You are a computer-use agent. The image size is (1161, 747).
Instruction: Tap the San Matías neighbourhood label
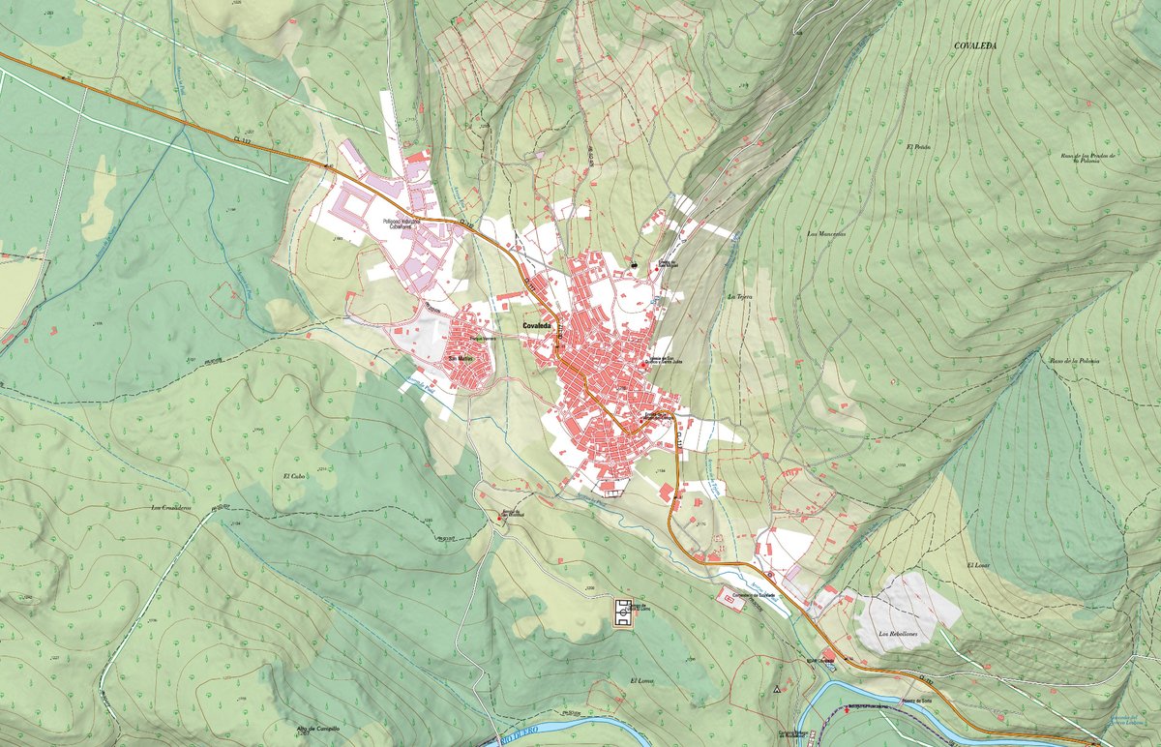click(x=459, y=359)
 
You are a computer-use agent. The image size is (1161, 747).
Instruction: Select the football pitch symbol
click(x=625, y=613)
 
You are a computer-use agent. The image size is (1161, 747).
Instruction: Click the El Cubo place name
click(x=294, y=476)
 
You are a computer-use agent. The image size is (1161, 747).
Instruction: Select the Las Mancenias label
click(x=826, y=234)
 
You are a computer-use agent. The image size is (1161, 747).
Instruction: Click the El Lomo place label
click(x=641, y=681)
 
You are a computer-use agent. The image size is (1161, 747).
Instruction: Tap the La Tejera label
click(x=739, y=296)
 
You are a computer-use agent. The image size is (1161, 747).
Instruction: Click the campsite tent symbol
click(x=776, y=690)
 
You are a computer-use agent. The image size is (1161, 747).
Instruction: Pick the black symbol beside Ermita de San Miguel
click(x=633, y=262)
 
